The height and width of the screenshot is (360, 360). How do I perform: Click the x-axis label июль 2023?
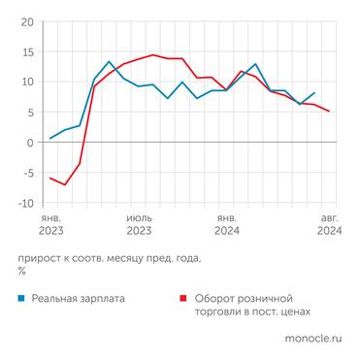(139, 225)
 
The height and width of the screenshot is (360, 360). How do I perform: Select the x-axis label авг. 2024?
(329, 225)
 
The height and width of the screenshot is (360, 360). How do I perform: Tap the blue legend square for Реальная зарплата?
(21, 299)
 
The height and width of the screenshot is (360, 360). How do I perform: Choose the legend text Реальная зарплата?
(78, 299)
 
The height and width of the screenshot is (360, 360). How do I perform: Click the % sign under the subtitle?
(22, 272)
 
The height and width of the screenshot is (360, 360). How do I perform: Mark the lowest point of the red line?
(65, 184)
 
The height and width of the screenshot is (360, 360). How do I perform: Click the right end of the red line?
(329, 112)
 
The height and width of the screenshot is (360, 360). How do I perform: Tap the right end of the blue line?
(314, 93)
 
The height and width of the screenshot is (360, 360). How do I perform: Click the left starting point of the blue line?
(50, 139)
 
